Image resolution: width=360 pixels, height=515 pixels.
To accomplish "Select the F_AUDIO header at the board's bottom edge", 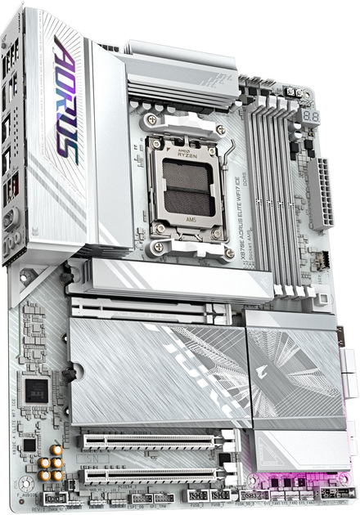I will [x=53, y=498].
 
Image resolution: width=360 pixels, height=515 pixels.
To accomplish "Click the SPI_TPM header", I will [x=163, y=497].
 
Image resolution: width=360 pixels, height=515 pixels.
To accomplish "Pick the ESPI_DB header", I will [x=139, y=498].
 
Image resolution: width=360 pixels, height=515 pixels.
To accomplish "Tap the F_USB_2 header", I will [x=219, y=495].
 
